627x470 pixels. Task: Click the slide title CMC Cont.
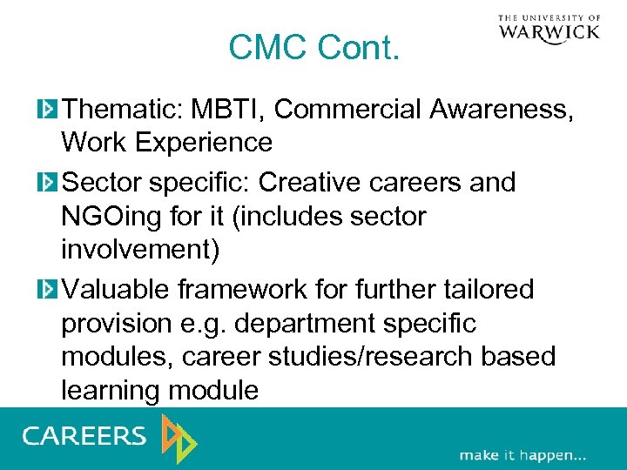click(x=313, y=48)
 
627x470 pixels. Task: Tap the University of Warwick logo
click(x=549, y=28)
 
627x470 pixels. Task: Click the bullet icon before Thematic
click(x=47, y=110)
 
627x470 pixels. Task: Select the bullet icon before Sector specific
click(x=47, y=183)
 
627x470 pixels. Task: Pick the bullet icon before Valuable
click(x=47, y=290)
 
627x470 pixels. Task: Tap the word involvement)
click(x=140, y=251)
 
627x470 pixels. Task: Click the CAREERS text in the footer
click(x=84, y=436)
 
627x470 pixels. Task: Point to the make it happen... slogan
click(x=522, y=455)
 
